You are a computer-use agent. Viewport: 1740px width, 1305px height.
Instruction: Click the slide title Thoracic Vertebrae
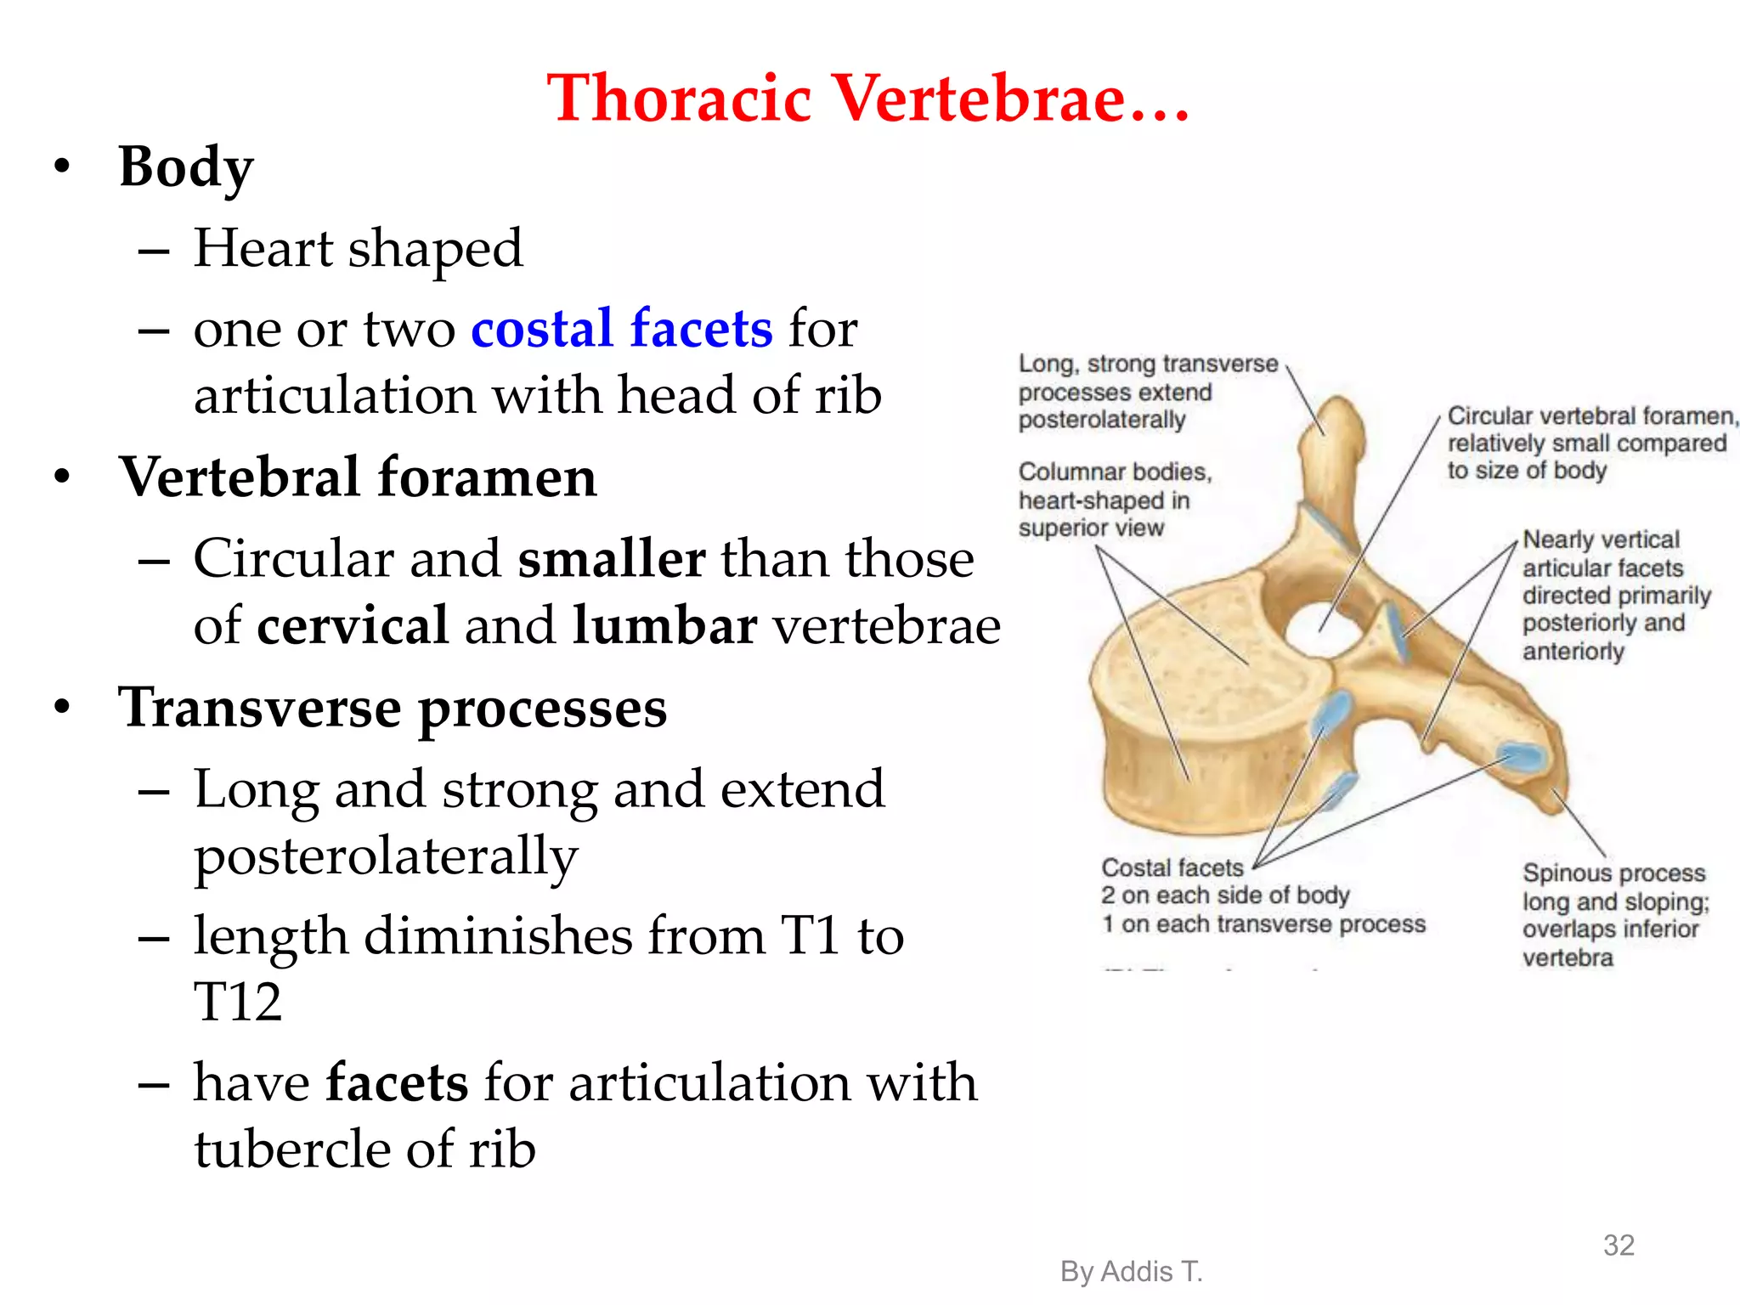click(x=868, y=98)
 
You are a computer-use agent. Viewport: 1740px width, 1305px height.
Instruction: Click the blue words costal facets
click(x=622, y=329)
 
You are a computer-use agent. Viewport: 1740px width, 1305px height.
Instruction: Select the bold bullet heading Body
click(x=186, y=167)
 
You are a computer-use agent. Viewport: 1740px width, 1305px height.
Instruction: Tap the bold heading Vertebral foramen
click(x=358, y=477)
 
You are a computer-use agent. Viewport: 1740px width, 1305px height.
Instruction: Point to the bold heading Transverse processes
click(x=393, y=708)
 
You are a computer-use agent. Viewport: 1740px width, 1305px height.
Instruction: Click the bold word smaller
click(x=612, y=559)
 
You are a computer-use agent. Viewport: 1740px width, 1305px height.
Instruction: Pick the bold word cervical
click(x=353, y=626)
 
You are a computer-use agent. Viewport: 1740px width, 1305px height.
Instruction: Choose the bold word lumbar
click(x=664, y=626)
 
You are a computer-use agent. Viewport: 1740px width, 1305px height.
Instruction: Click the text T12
click(x=238, y=1002)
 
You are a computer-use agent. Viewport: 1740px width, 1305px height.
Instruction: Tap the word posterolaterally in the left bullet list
click(x=386, y=856)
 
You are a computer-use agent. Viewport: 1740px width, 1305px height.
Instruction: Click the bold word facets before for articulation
click(x=397, y=1082)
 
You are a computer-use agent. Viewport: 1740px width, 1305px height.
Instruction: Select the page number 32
click(x=1619, y=1245)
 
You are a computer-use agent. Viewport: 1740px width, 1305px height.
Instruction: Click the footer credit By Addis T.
click(x=1131, y=1271)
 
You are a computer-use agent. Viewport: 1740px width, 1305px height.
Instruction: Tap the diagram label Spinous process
click(x=1613, y=873)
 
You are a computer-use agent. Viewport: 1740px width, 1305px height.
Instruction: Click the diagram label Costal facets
click(x=1172, y=867)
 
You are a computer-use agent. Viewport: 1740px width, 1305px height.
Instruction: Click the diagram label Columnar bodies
click(x=1115, y=472)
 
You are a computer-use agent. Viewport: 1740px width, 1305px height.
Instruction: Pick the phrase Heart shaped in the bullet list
click(x=358, y=249)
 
